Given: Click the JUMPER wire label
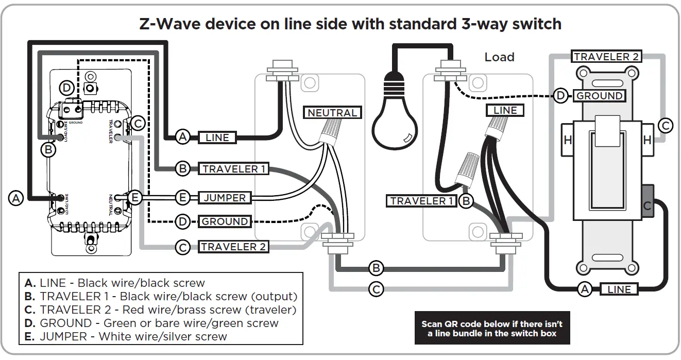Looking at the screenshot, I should tap(225, 198).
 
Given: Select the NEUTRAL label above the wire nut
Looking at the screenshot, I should tap(332, 113).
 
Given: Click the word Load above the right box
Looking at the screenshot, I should tap(499, 57).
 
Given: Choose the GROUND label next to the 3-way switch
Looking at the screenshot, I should tap(599, 96).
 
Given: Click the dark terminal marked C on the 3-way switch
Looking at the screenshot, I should tap(648, 205).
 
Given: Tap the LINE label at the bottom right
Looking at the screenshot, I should tap(619, 289).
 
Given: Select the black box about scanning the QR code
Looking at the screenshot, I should tap(492, 328).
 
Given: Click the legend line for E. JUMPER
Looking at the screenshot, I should tap(126, 336).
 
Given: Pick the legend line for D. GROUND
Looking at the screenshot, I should tap(151, 323).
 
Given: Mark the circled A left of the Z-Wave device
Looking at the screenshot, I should tap(16, 198).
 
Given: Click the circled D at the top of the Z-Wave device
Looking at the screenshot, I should tap(66, 88).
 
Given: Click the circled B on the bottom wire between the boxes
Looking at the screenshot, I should tap(377, 268).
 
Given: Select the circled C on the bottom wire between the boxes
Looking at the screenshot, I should tap(377, 289).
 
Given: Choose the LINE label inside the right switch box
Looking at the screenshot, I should tap(505, 110).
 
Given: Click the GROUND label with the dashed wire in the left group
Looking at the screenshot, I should tap(225, 222).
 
